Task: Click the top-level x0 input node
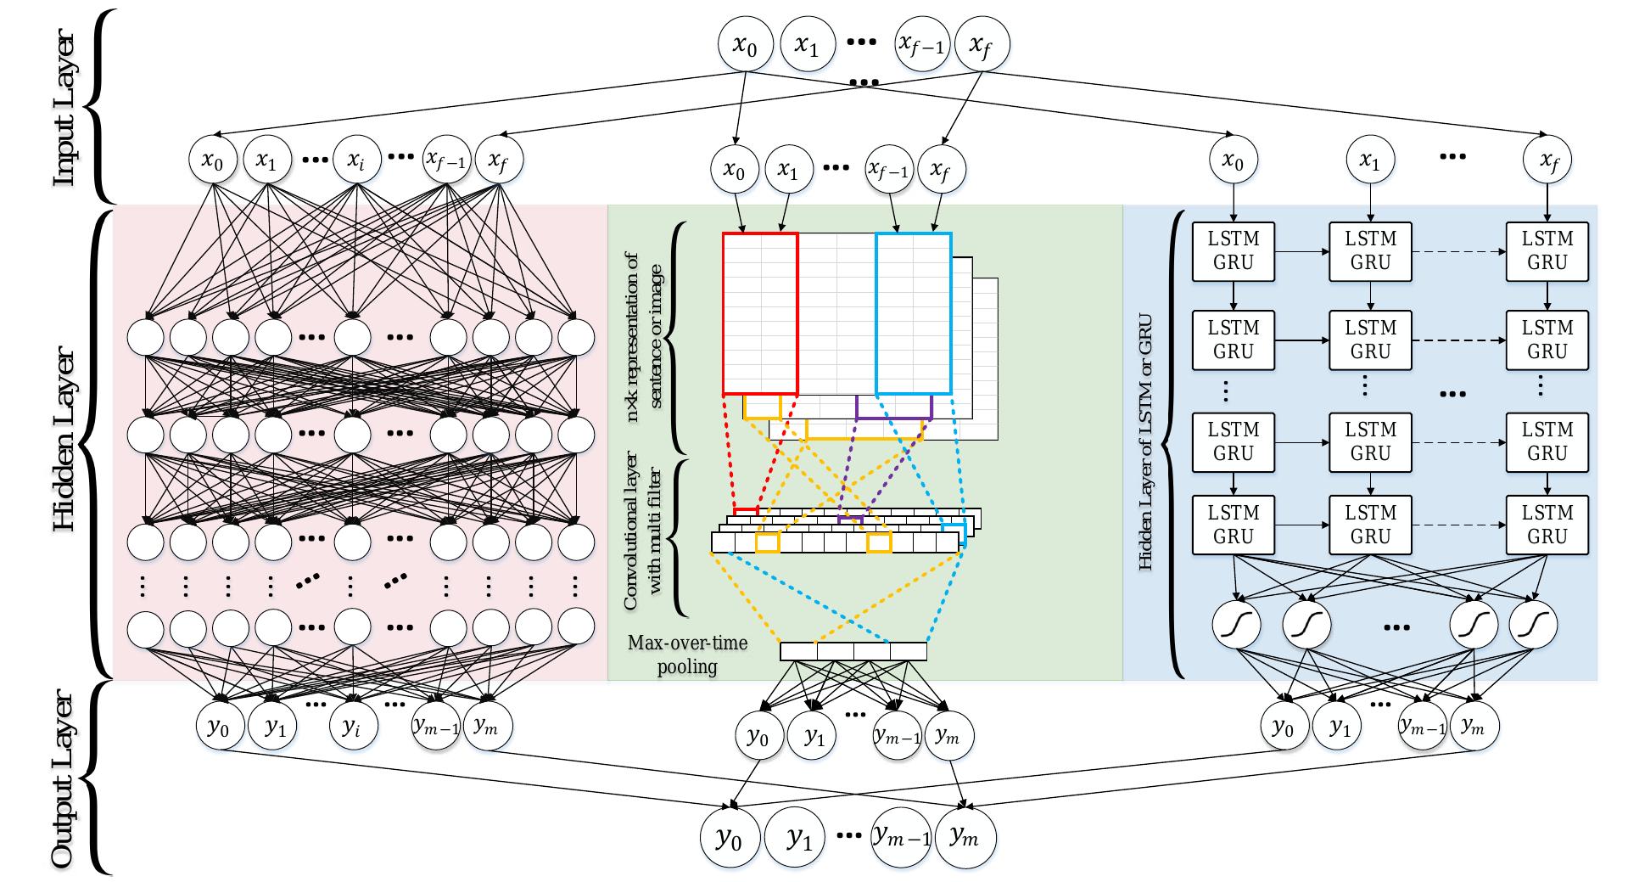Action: point(745,46)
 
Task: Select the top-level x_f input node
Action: point(982,46)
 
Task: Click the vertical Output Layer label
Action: point(64,781)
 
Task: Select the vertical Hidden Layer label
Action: point(64,441)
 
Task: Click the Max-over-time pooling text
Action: point(687,654)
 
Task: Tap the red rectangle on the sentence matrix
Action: point(760,313)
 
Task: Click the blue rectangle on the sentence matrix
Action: point(914,313)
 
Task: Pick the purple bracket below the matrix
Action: point(894,417)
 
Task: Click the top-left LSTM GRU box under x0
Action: point(1234,251)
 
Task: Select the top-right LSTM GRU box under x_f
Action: point(1547,251)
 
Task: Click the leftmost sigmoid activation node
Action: point(1237,626)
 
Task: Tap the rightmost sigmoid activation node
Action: point(1533,626)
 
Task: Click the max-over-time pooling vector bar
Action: point(853,651)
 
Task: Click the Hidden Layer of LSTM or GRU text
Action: point(1145,441)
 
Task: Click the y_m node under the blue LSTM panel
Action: point(1474,727)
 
